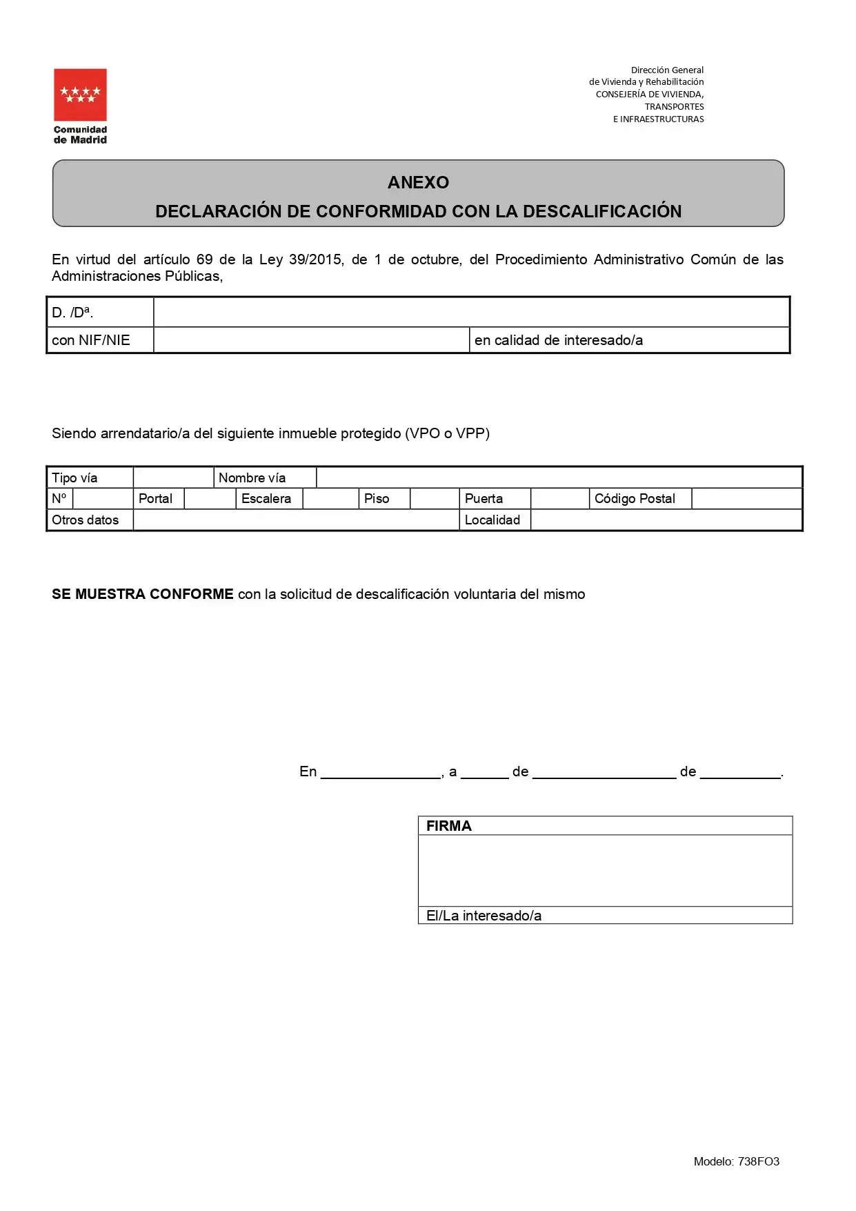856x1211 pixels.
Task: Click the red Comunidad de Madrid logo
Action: [x=80, y=95]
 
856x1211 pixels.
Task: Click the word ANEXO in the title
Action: [x=418, y=182]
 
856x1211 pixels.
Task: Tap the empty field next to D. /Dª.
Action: [x=471, y=313]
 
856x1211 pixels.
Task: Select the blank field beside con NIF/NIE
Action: [x=311, y=340]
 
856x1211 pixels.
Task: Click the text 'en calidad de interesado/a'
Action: [x=558, y=340]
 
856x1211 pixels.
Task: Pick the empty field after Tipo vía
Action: [x=173, y=477]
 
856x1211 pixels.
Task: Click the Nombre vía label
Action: [x=252, y=477]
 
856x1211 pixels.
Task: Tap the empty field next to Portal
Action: [x=210, y=499]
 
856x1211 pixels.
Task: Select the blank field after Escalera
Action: [x=330, y=499]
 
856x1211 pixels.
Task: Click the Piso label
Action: [x=377, y=499]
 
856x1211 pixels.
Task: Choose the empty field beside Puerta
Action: [x=559, y=499]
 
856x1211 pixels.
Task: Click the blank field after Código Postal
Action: [x=746, y=499]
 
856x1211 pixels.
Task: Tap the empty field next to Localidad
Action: [x=666, y=520]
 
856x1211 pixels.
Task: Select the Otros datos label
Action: [x=85, y=520]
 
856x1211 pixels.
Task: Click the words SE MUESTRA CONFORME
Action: [x=143, y=594]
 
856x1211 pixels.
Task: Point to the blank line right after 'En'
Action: [x=381, y=773]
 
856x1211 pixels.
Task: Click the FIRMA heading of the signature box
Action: [x=448, y=826]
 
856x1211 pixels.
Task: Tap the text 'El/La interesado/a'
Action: [x=484, y=916]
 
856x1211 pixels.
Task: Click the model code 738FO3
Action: [x=758, y=1161]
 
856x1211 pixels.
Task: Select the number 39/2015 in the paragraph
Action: [x=315, y=259]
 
